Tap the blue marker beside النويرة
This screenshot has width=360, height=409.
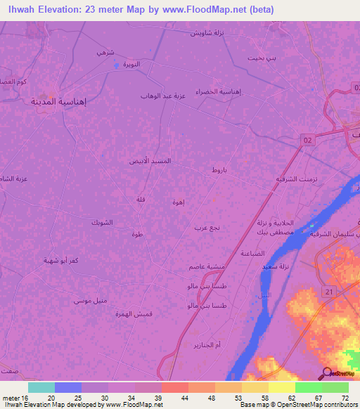117,65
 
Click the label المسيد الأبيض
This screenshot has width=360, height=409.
153,161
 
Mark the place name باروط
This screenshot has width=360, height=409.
219,170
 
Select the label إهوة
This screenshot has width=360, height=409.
179,202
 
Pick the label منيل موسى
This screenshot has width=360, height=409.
91,301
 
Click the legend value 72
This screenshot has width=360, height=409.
345,397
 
